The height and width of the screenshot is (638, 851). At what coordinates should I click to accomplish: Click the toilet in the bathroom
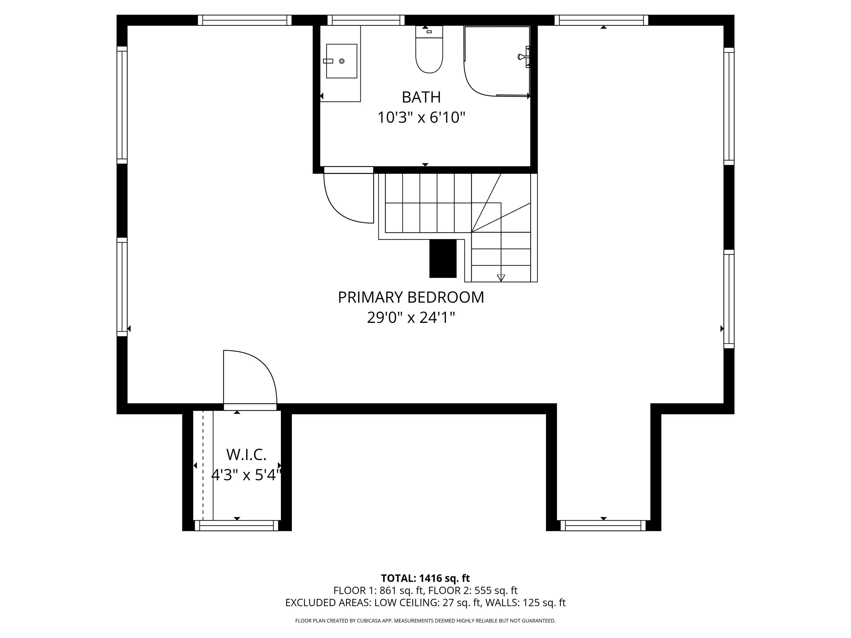click(x=429, y=54)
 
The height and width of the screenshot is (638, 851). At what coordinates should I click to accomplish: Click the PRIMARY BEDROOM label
click(x=411, y=297)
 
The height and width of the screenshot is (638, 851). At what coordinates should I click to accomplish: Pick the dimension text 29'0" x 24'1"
click(x=411, y=318)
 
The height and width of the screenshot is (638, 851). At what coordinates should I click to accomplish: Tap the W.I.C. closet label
click(x=246, y=455)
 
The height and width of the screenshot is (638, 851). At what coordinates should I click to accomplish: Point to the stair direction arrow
click(x=501, y=277)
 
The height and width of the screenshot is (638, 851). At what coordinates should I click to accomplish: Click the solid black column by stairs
click(x=442, y=258)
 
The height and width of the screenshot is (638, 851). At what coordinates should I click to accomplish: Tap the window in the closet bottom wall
click(x=236, y=525)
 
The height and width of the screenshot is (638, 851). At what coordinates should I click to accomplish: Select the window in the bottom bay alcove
click(x=603, y=525)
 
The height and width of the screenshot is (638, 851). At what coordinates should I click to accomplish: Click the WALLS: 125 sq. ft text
click(x=525, y=603)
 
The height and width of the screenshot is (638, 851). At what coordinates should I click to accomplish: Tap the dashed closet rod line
click(x=203, y=465)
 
